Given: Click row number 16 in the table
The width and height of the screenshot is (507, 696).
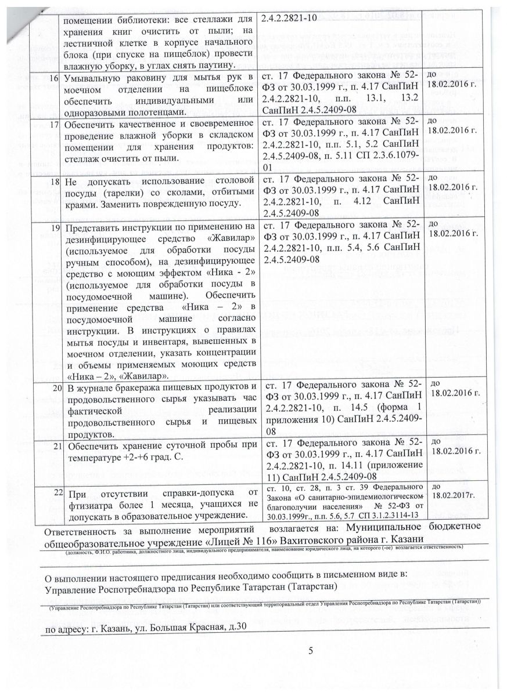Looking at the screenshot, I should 55,78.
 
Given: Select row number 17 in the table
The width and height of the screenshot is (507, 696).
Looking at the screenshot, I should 55,125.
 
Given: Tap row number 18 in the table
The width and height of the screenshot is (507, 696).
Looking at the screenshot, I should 55,181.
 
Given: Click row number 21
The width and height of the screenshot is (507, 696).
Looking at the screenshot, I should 55,446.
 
